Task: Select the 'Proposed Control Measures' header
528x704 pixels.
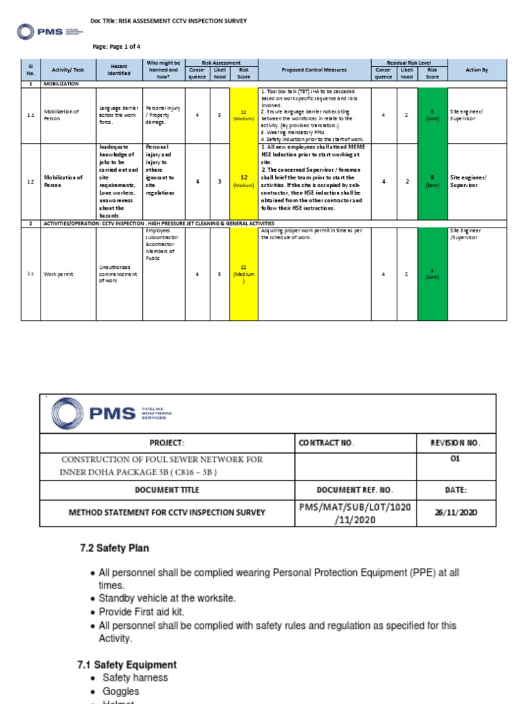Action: coord(314,69)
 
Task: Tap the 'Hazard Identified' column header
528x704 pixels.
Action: coord(119,69)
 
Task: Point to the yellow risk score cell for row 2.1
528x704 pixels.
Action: coord(244,274)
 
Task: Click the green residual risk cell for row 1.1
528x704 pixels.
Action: coord(432,115)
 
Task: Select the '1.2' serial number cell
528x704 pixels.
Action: coord(31,181)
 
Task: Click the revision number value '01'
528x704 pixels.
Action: coord(454,459)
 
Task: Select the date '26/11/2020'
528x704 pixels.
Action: coord(454,513)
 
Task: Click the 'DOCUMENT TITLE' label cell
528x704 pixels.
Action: coord(168,489)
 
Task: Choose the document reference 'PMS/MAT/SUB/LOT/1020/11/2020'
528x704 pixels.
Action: coord(335,513)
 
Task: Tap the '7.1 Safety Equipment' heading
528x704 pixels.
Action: coord(126,665)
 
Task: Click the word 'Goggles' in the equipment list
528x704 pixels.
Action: coord(120,691)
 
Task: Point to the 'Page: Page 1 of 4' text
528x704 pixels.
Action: coord(117,45)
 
